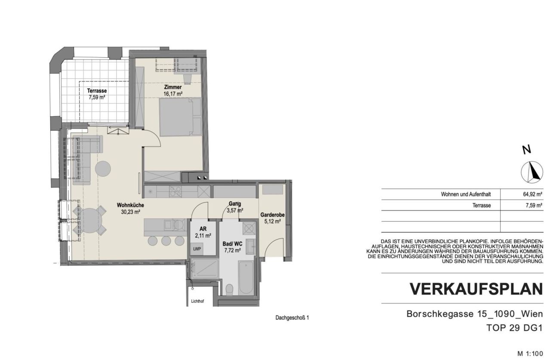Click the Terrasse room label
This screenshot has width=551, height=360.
(x=97, y=91)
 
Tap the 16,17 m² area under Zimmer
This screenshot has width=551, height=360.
(x=173, y=93)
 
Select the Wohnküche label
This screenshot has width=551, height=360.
(x=130, y=205)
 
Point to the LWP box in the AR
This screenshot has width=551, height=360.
(x=197, y=249)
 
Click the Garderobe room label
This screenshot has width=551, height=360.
(x=272, y=214)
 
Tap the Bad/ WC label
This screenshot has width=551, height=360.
(x=232, y=243)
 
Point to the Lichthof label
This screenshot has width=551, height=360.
(x=197, y=302)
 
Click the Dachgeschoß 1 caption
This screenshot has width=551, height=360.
(x=292, y=318)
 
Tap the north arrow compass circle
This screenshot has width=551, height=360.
(x=532, y=172)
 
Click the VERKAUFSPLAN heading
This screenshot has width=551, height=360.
(x=476, y=289)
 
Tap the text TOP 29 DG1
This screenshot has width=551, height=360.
(x=514, y=328)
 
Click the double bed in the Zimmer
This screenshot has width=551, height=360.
(x=180, y=116)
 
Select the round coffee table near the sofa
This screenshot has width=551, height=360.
(x=103, y=168)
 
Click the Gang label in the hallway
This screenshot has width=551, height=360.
(x=235, y=204)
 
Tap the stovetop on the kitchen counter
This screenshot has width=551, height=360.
(x=175, y=191)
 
